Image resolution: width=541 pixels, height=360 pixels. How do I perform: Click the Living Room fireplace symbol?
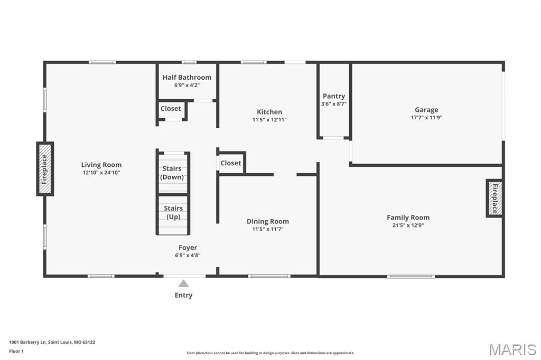(45, 169)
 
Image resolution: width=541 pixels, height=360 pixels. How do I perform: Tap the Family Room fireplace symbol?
(495, 198)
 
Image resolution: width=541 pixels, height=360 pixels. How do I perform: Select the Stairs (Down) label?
(172, 173)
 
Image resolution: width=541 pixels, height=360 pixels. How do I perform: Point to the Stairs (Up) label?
(173, 212)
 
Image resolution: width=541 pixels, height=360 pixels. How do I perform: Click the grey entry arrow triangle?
(183, 283)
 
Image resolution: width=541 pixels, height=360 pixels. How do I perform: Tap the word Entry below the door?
(183, 295)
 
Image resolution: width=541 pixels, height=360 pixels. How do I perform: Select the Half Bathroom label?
(186, 78)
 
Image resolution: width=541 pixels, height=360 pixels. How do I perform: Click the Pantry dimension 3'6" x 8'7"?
(333, 104)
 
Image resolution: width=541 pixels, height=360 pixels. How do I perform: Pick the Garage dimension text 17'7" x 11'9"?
(426, 118)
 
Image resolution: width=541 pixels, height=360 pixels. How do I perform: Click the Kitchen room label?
(269, 112)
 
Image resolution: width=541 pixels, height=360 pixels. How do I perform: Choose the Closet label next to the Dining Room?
(231, 163)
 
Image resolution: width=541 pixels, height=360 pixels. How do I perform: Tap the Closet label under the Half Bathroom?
(171, 109)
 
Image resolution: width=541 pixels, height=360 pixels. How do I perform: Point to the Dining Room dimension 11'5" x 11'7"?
(268, 229)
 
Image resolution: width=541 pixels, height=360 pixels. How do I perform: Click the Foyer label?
(188, 248)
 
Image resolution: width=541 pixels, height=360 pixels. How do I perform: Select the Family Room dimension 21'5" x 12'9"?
(408, 225)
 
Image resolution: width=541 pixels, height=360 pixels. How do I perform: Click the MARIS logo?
(512, 349)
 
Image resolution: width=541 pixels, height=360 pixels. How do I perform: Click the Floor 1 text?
(16, 350)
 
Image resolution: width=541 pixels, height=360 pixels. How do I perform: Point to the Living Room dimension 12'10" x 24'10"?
(101, 173)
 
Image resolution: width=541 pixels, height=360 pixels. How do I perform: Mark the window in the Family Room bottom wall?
(411, 276)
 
